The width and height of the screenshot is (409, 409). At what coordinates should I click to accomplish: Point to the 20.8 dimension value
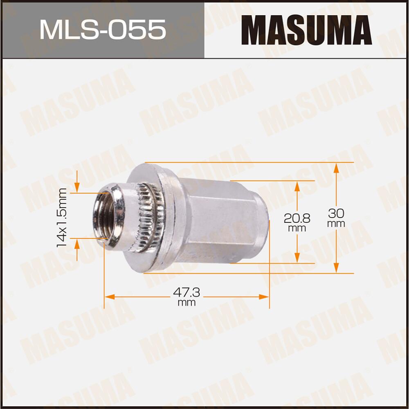(297, 218)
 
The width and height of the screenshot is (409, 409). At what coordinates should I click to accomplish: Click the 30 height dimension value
(336, 213)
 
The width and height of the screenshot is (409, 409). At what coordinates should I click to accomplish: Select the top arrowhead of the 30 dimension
(336, 167)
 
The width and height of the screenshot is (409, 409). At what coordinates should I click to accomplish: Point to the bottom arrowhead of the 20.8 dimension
(297, 258)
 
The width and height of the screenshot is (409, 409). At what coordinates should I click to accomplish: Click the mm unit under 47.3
(187, 303)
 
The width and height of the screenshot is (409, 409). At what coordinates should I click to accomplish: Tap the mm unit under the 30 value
(336, 224)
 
